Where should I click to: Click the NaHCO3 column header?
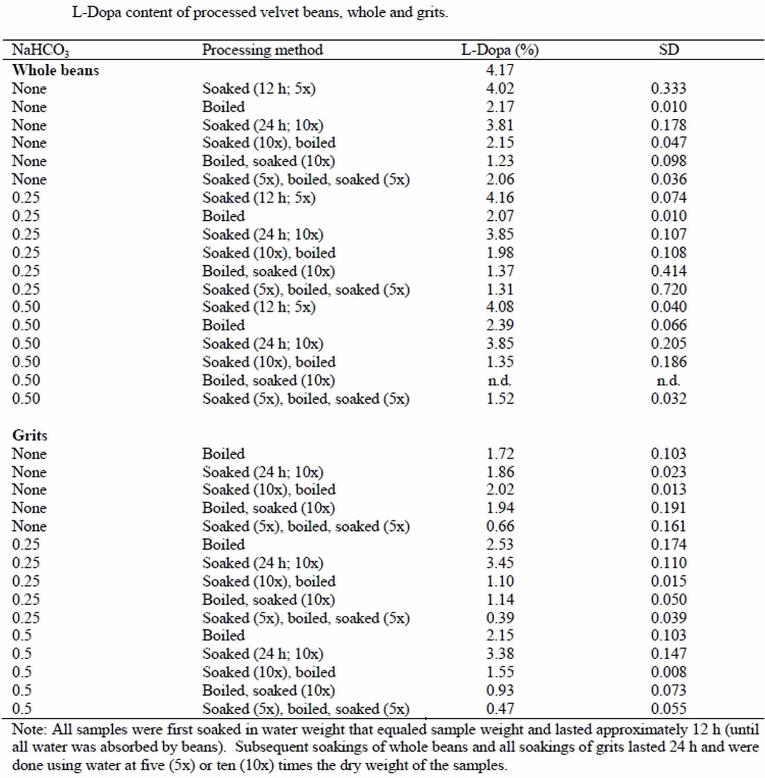pyautogui.click(x=41, y=50)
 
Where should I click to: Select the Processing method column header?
pyautogui.click(x=263, y=49)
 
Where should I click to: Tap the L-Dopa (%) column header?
pyautogui.click(x=500, y=49)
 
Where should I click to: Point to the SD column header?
pyautogui.click(x=669, y=49)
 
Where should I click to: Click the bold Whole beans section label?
pyautogui.click(x=56, y=70)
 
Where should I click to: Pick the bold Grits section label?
pyautogui.click(x=30, y=435)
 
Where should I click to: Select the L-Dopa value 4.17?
pyautogui.click(x=500, y=70)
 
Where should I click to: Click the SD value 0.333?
pyautogui.click(x=669, y=88)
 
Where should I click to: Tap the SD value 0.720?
pyautogui.click(x=669, y=289)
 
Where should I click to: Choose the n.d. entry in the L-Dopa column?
pyautogui.click(x=500, y=380)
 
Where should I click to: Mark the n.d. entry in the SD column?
pyautogui.click(x=669, y=380)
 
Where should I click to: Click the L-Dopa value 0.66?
pyautogui.click(x=500, y=526)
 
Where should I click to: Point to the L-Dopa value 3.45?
pyautogui.click(x=500, y=562)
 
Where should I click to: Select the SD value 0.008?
pyautogui.click(x=669, y=671)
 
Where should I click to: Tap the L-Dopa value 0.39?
pyautogui.click(x=500, y=617)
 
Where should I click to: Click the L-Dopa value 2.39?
pyautogui.click(x=500, y=325)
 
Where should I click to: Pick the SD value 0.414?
pyautogui.click(x=669, y=271)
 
